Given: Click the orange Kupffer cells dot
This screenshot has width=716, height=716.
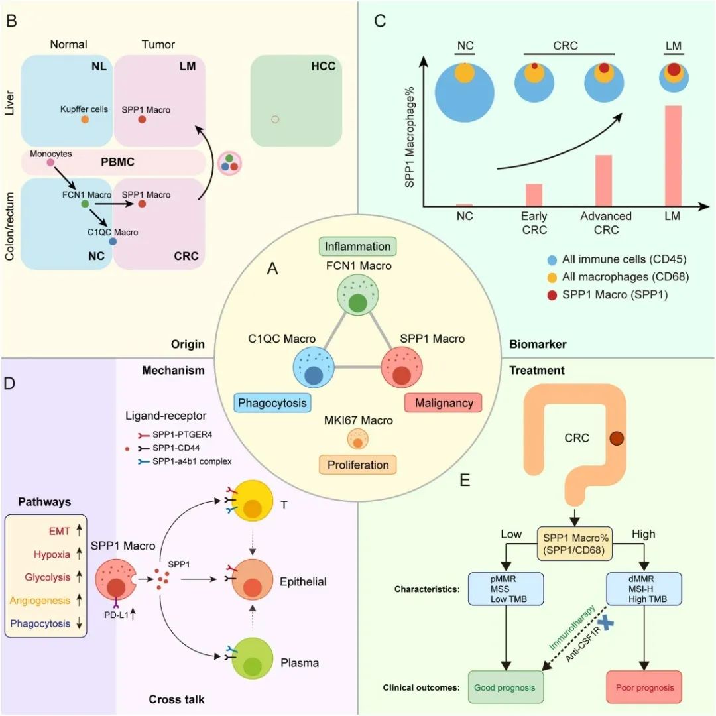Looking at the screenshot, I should pos(85,119).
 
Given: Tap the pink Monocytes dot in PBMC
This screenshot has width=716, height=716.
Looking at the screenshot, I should pos(50,162).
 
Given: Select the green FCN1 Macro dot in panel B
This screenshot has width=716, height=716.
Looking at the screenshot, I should pos(85,204).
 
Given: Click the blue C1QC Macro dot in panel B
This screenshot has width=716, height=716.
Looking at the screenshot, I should pos(113,242).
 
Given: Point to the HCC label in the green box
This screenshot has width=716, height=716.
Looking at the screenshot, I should pos(322,66).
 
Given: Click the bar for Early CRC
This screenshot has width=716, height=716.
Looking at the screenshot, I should pos(534,195).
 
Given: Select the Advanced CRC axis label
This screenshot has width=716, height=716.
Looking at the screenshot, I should pos(606,223).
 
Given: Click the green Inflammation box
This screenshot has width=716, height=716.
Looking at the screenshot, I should pos(357,247).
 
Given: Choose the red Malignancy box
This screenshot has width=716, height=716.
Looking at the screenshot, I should pos(443,402).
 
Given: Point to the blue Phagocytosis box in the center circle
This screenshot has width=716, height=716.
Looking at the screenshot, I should pos(272,402).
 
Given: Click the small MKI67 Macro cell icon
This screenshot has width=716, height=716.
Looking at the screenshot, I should pos(358,440).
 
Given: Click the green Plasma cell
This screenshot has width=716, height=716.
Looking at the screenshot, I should pos(252,657).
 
